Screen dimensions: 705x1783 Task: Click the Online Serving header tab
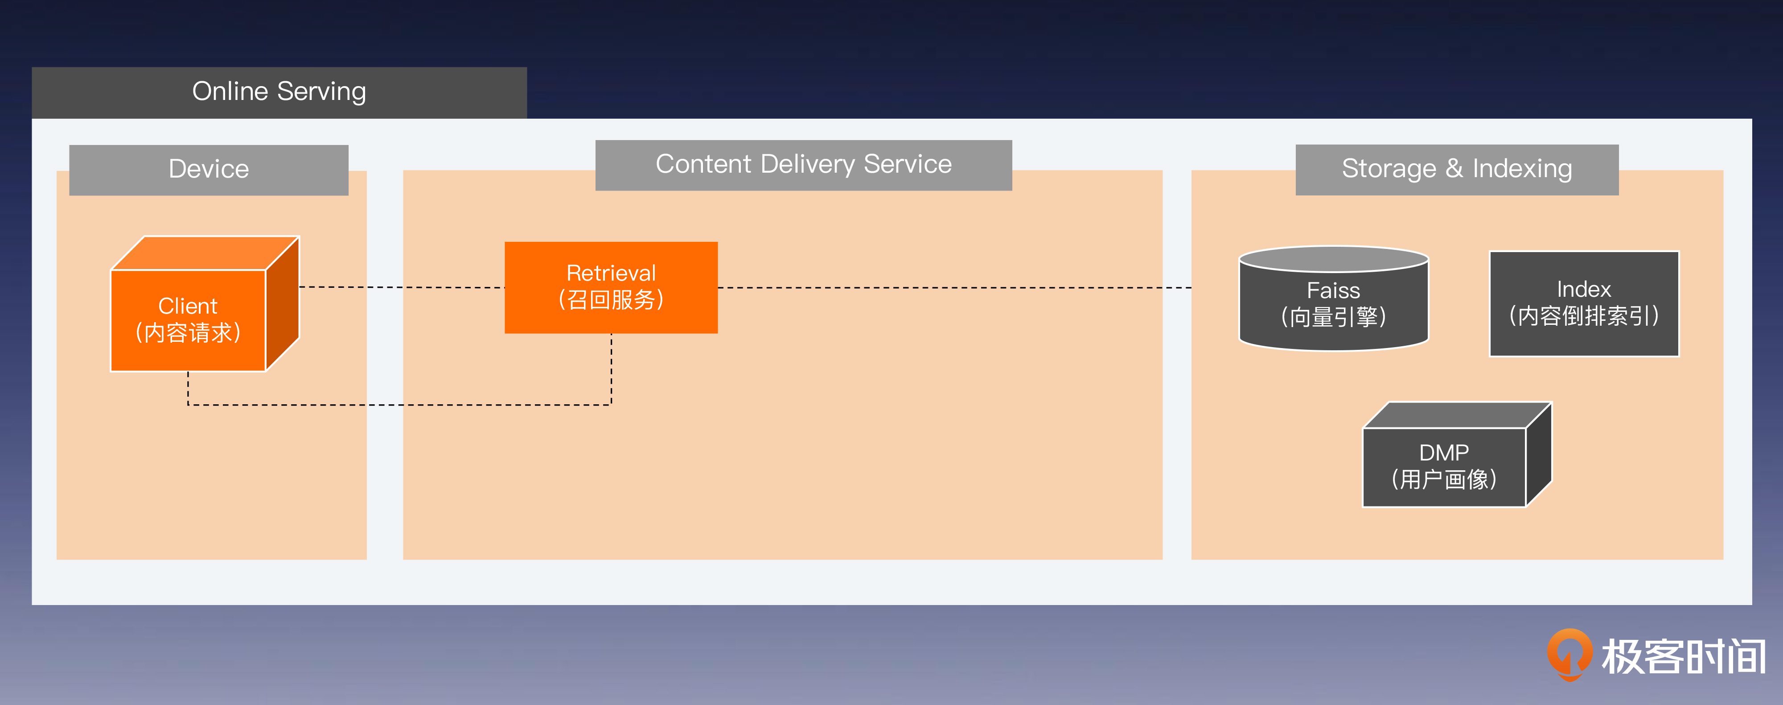[x=279, y=92]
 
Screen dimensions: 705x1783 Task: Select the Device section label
[x=208, y=170]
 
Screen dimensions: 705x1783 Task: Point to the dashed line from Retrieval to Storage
[x=955, y=287]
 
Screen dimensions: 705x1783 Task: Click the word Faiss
[x=1333, y=290]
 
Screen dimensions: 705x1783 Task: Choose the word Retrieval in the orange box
[x=611, y=273]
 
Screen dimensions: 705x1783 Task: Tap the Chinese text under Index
[x=1584, y=316]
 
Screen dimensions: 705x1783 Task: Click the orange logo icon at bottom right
[x=1569, y=654]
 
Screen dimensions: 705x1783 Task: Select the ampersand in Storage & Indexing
[x=1454, y=168]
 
